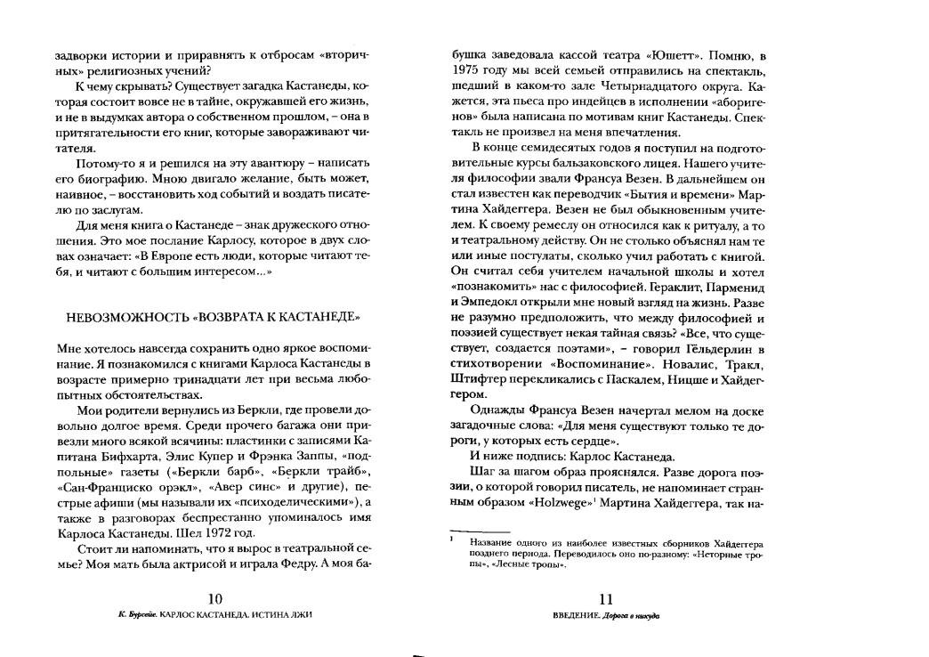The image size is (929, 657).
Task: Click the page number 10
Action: [213, 599]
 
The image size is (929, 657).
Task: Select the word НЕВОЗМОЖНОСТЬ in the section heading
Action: [120, 316]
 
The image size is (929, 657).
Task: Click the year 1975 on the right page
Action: [468, 70]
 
